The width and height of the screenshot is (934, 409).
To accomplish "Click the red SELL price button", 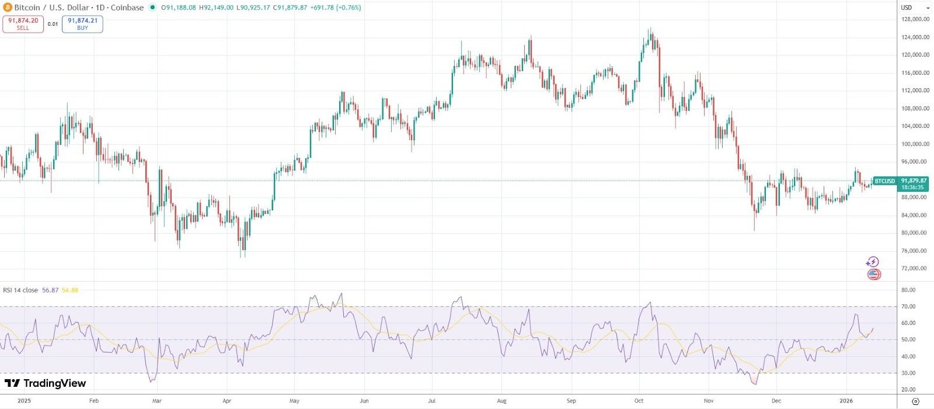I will click(x=23, y=24).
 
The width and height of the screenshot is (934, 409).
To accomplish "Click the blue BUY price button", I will click(x=82, y=24).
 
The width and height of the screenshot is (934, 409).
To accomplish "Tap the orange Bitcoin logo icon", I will click(x=7, y=8).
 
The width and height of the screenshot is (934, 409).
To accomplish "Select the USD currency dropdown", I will click(x=915, y=8).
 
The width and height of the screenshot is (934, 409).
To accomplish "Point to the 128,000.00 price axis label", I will click(x=915, y=19).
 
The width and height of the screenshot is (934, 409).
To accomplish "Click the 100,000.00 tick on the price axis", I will click(x=915, y=144).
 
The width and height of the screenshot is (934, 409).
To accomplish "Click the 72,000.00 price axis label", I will click(x=915, y=269).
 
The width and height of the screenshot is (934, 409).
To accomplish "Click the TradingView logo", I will click(x=46, y=383).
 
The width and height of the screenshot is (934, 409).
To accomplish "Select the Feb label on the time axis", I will click(x=93, y=401).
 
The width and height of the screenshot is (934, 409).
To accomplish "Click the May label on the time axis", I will click(x=294, y=401).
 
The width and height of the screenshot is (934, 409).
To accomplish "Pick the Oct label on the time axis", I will click(x=639, y=401).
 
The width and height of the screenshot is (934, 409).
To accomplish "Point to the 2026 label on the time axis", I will click(x=846, y=401).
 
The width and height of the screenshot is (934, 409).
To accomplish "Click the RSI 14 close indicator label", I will click(x=20, y=290).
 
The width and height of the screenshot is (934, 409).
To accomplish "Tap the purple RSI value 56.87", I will click(x=50, y=290).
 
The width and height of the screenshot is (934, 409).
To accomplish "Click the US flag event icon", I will click(x=873, y=274).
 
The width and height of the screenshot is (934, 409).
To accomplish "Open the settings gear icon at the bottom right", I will click(x=915, y=401).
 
